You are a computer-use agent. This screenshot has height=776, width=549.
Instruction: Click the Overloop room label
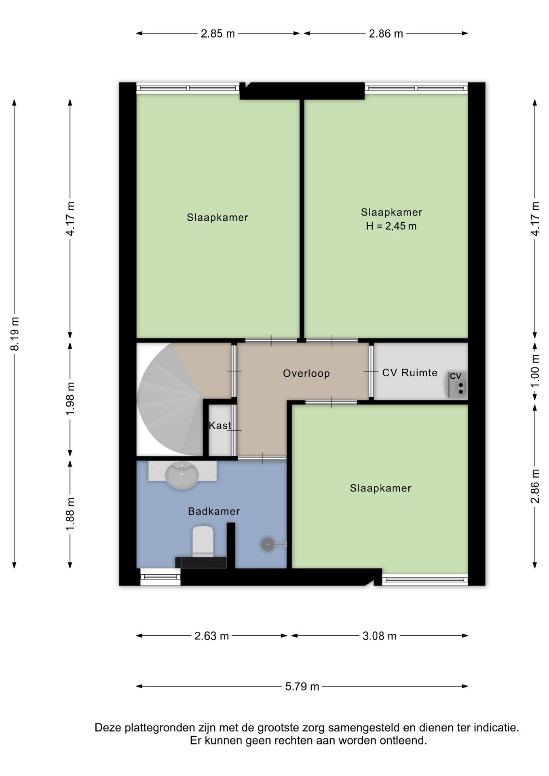[306, 373]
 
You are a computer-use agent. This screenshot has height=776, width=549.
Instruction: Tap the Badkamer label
[214, 511]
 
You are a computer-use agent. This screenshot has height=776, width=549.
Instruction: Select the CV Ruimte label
[410, 373]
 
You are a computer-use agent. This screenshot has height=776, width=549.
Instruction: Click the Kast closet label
[220, 425]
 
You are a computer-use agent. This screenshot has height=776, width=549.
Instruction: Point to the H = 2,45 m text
[391, 226]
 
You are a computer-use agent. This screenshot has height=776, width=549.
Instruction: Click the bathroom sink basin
[182, 475]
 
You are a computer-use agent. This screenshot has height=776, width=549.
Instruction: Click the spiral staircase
[170, 400]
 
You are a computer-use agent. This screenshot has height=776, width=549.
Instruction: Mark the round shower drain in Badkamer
[267, 544]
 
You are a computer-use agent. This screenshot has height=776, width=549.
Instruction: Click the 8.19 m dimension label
[15, 334]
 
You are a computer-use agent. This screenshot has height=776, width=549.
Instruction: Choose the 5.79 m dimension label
[302, 686]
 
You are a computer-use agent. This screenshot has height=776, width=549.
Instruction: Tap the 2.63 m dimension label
[211, 636]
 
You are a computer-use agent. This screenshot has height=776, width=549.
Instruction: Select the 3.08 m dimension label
[379, 636]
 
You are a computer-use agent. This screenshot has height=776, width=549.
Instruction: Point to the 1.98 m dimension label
[70, 398]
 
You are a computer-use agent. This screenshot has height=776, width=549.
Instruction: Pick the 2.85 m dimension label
[217, 34]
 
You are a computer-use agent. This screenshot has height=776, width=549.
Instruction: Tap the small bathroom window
[160, 577]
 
